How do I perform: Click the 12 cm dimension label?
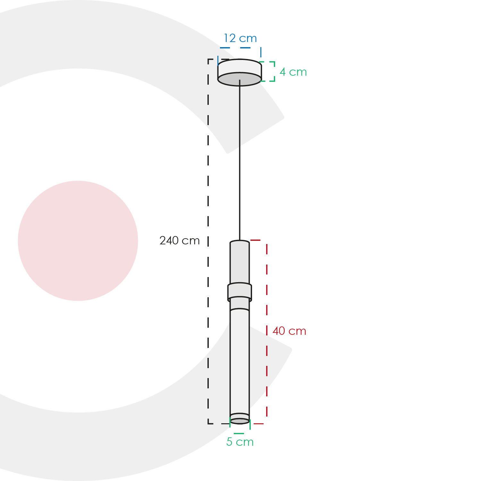pyautogui.click(x=240, y=38)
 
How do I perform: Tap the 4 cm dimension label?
pyautogui.click(x=293, y=72)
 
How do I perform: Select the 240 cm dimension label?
pyautogui.click(x=180, y=240)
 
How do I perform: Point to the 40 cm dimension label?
pyautogui.click(x=289, y=331)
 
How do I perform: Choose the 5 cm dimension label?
pyautogui.click(x=240, y=442)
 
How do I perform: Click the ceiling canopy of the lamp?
pyautogui.click(x=240, y=72)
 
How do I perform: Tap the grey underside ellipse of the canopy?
pyautogui.click(x=240, y=79)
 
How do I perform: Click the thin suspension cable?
pyautogui.click(x=240, y=160)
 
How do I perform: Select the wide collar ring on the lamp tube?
pyautogui.click(x=240, y=292)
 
